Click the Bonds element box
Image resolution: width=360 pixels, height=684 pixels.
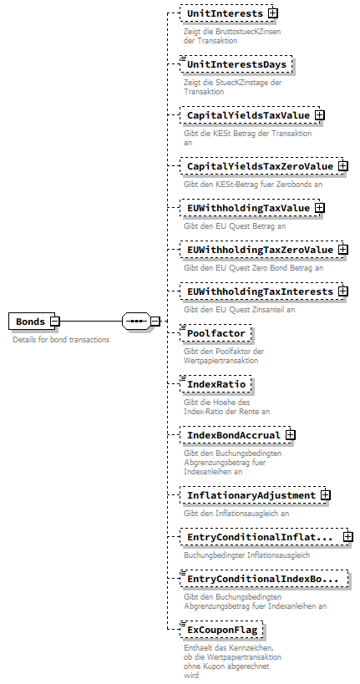[30, 321]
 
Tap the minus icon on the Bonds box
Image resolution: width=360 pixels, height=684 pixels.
[54, 321]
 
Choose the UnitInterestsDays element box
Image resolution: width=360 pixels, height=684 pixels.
[236, 63]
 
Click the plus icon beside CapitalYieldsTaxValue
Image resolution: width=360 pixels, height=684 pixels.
[319, 115]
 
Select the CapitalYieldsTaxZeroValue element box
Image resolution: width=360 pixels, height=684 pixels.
[258, 166]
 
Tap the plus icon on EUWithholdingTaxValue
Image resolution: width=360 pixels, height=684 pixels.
[319, 208]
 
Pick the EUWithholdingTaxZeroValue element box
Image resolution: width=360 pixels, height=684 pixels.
[258, 250]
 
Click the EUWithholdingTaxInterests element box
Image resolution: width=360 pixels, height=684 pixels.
[258, 291]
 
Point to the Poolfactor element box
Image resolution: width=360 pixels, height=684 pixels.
[215, 333]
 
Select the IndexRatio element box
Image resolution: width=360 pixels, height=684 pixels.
[215, 384]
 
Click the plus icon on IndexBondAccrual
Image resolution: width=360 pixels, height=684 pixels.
[290, 435]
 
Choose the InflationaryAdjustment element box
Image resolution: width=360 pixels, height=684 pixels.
[251, 495]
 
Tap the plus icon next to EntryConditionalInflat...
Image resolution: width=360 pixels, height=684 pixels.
[347, 537]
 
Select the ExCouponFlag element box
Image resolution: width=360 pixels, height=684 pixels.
[221, 629]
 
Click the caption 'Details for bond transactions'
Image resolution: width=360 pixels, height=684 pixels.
[60, 340]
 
